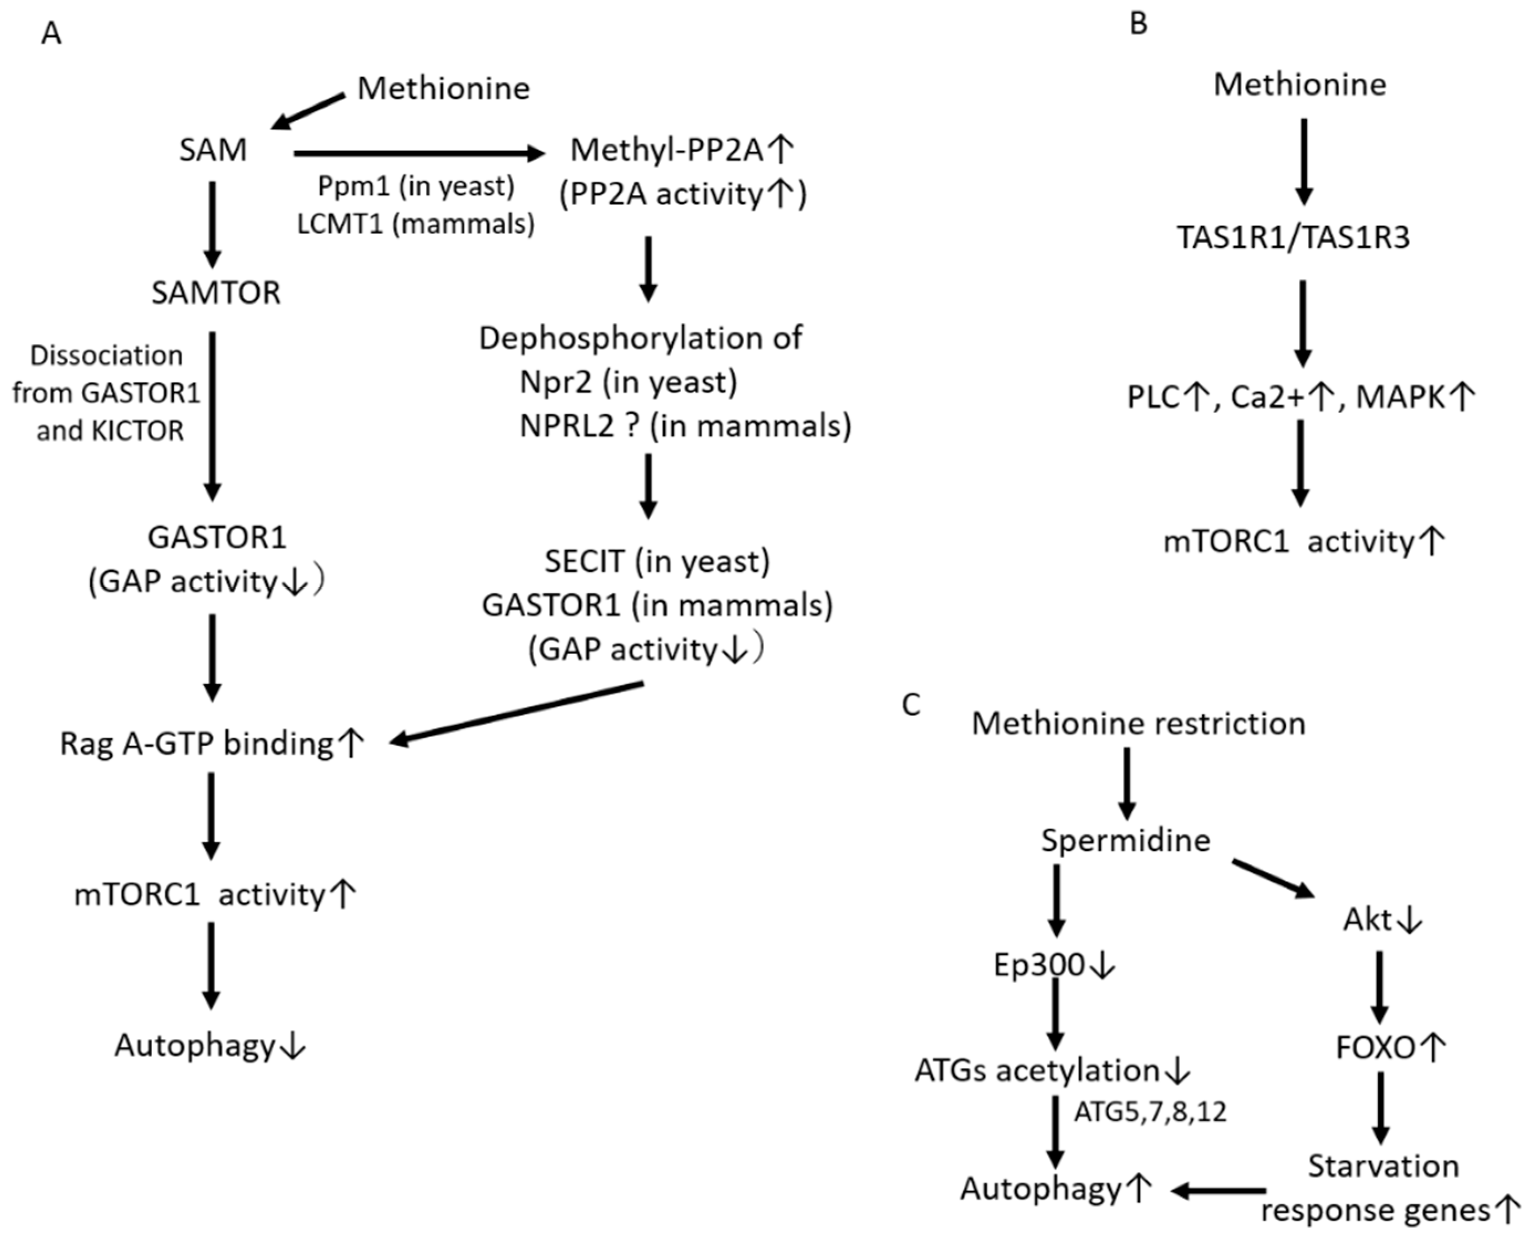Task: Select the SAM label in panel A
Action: [213, 150]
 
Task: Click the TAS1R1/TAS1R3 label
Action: [1294, 237]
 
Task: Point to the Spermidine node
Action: [1125, 840]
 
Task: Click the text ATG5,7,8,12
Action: [1150, 1112]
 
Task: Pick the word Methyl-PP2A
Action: [666, 150]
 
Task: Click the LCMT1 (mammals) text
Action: [415, 224]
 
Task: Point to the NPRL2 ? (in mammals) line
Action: [685, 426]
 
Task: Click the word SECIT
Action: [584, 561]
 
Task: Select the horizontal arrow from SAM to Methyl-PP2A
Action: [419, 153]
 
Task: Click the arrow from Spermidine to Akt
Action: [1273, 879]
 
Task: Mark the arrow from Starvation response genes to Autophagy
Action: [1218, 1190]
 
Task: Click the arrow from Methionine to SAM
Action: [308, 112]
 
